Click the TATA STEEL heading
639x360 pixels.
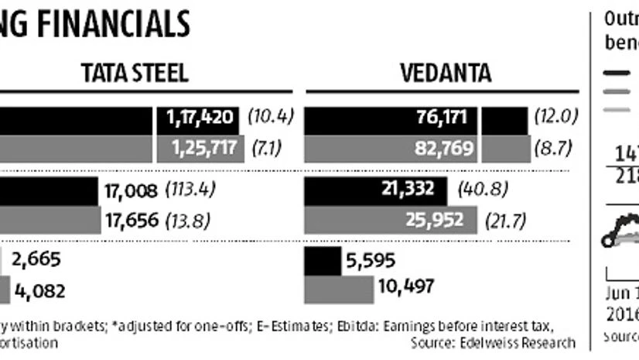point(135,74)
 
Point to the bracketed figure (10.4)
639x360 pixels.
point(271,116)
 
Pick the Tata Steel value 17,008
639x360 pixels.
point(130,190)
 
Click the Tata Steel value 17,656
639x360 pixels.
point(130,220)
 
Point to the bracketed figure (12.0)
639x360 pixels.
point(556,116)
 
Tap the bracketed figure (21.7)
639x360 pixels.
point(507,220)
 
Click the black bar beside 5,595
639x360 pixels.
point(323,261)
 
